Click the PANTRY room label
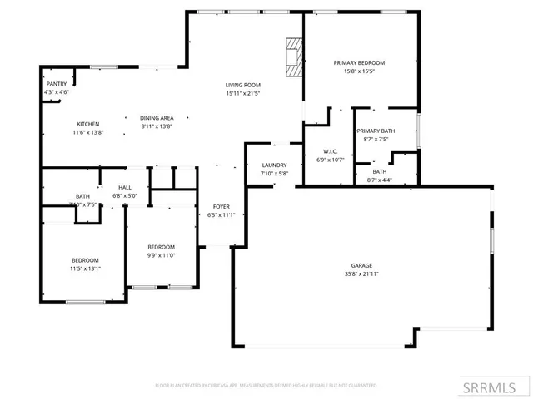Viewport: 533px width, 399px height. [x=57, y=83]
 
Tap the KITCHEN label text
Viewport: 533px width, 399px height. [x=87, y=124]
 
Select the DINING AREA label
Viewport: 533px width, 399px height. [x=157, y=118]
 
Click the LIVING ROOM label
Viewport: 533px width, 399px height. [x=243, y=85]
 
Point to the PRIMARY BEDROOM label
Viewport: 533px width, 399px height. [x=360, y=62]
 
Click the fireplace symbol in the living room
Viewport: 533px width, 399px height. [x=293, y=57]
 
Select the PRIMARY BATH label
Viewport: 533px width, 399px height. [x=376, y=131]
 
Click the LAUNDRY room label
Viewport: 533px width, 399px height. [x=274, y=165]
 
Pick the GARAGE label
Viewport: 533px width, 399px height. [x=361, y=266]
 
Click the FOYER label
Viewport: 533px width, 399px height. [x=221, y=206]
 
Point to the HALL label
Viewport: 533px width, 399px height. [x=124, y=188]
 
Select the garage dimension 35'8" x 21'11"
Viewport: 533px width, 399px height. [x=361, y=274]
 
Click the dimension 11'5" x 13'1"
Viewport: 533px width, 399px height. [x=85, y=268]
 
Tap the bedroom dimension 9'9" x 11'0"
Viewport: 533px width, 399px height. [x=162, y=255]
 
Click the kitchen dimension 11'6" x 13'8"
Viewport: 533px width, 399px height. [x=87, y=132]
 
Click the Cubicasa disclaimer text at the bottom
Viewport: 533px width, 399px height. [x=266, y=386]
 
